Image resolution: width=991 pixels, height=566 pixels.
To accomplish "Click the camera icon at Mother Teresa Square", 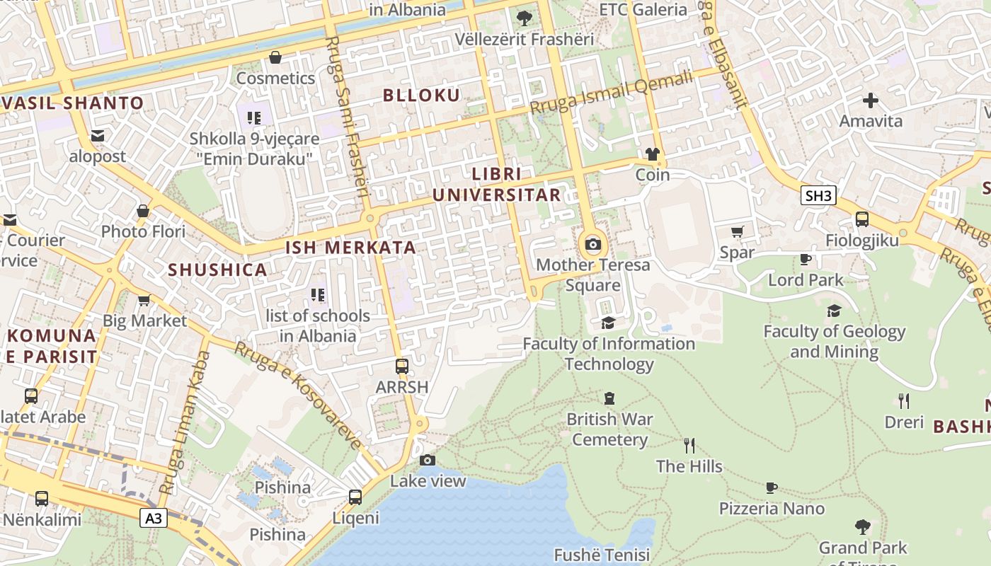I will (593, 245).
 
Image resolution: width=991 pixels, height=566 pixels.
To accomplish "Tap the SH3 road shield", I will (818, 195).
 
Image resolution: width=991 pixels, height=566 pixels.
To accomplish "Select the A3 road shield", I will (154, 519).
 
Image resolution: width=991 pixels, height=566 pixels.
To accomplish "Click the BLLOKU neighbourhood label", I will (422, 95).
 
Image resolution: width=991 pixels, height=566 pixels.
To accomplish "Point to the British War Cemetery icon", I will (609, 398).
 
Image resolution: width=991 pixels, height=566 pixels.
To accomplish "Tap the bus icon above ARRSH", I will (402, 366).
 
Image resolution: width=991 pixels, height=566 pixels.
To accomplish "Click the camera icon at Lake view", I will (428, 461).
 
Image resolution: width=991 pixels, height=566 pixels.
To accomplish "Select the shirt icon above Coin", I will (652, 154).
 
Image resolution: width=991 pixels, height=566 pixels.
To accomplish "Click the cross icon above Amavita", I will (871, 100).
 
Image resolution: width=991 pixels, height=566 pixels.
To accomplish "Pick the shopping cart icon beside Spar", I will (737, 231).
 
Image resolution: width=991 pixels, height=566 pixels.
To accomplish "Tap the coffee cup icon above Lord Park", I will (806, 259).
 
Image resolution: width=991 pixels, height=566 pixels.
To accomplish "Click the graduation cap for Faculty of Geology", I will (835, 311).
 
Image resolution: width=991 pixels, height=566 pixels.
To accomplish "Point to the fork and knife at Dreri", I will (904, 401).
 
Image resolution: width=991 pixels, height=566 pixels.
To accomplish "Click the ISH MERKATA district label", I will (350, 248).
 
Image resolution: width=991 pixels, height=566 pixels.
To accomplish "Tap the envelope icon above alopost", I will (98, 135).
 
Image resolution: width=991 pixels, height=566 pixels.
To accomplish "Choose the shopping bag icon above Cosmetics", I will (275, 57).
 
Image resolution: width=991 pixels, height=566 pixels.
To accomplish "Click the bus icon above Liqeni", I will (355, 497).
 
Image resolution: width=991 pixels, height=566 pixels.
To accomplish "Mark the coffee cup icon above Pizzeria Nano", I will (772, 487).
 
